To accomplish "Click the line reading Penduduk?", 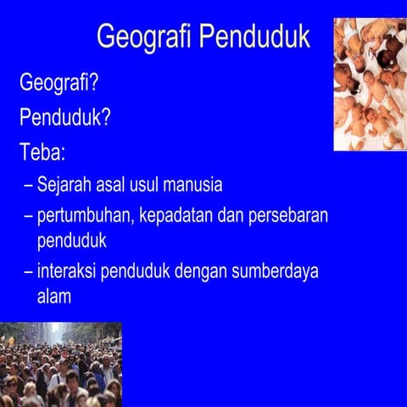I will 65,118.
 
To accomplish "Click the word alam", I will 53,298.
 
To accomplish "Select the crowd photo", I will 60,365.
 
